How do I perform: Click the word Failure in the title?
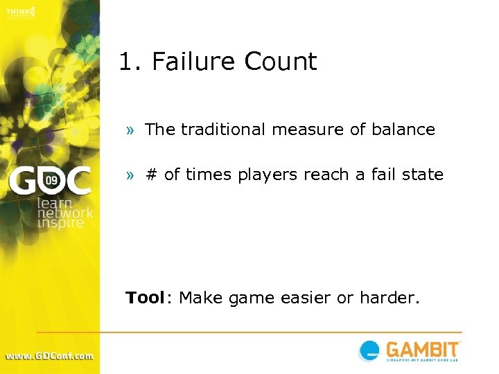195,62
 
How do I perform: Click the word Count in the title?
281,62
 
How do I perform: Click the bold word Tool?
145,298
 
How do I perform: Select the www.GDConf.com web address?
49,356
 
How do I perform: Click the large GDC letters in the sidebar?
49,182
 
